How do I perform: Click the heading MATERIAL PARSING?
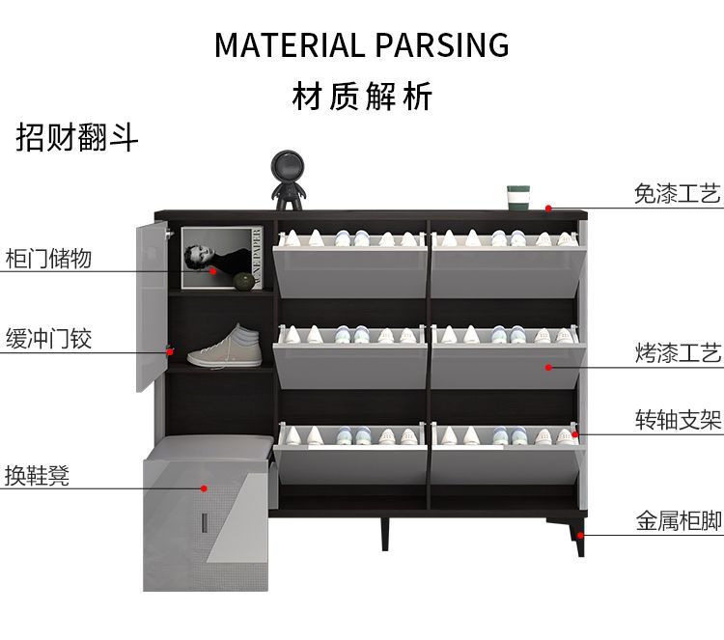click(x=361, y=45)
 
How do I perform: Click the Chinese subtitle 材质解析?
click(x=362, y=97)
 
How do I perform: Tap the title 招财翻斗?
click(x=77, y=137)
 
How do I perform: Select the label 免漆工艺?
click(x=678, y=194)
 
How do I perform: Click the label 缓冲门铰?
click(x=48, y=339)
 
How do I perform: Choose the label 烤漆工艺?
click(x=678, y=352)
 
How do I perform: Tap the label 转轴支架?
click(x=678, y=420)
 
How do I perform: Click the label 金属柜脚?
click(x=678, y=521)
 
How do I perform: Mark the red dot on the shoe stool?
click(x=204, y=488)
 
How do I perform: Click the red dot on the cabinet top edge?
click(x=547, y=208)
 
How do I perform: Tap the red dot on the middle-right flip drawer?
click(x=547, y=367)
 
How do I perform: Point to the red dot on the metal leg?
click(x=580, y=534)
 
